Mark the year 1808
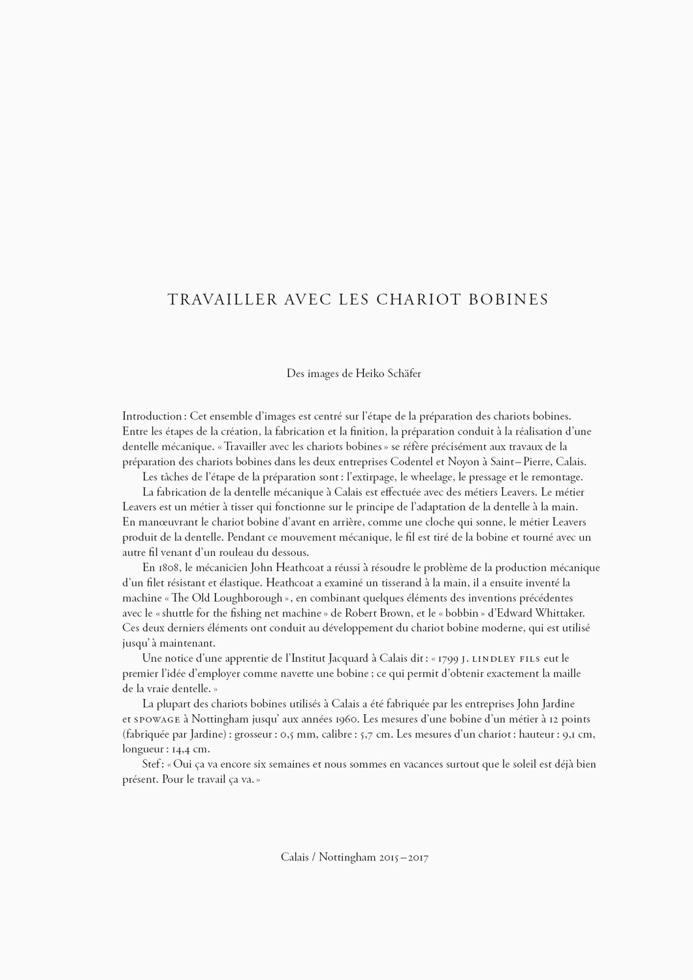pyautogui.click(x=169, y=568)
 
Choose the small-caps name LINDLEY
pyautogui.click(x=500, y=659)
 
